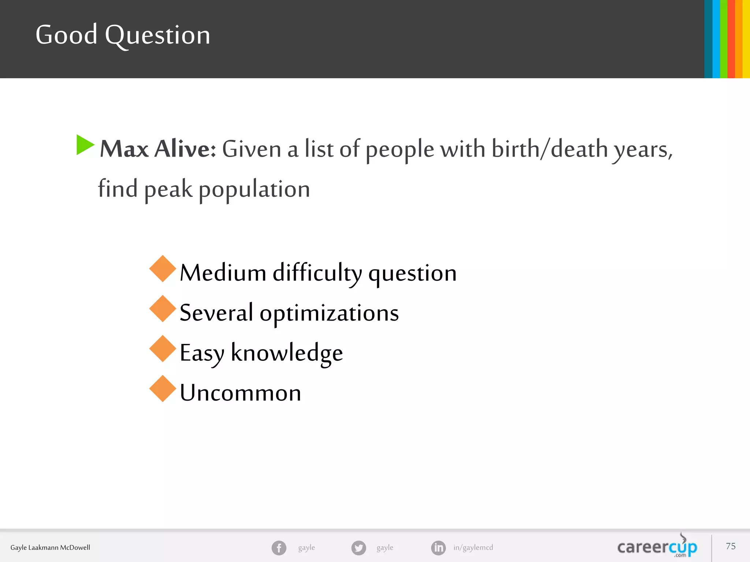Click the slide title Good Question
(x=123, y=35)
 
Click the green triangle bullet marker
(x=85, y=145)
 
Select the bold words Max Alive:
(x=158, y=149)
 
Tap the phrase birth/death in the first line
(x=550, y=149)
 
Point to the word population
(x=254, y=190)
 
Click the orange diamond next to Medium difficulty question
(x=163, y=269)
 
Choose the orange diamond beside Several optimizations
(x=163, y=309)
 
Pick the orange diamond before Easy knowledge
(x=163, y=349)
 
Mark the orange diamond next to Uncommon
(x=163, y=389)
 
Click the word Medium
(x=223, y=273)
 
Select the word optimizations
(x=329, y=313)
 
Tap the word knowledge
(x=287, y=353)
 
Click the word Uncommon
(x=240, y=393)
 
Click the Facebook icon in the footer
(x=279, y=548)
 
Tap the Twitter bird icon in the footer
(x=359, y=548)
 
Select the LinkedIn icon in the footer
(x=438, y=548)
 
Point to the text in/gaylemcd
(x=473, y=547)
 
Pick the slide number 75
(x=731, y=546)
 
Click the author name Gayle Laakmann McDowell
(x=50, y=548)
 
